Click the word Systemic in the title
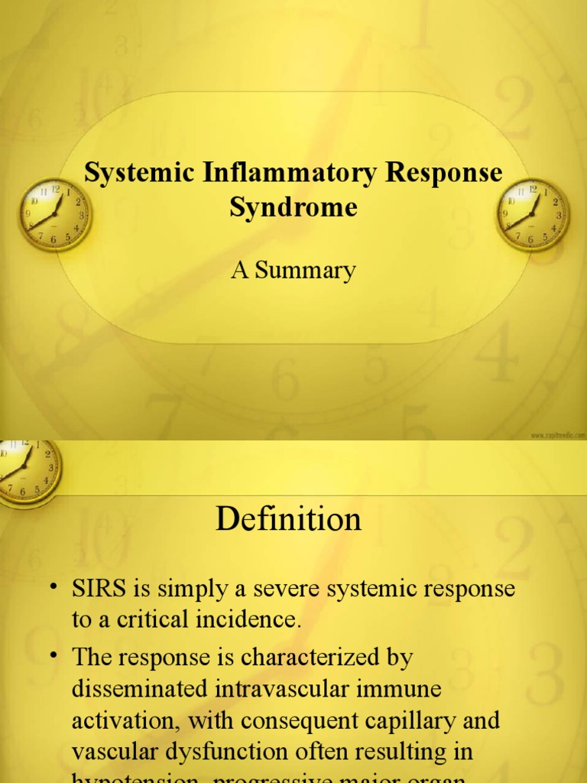click(x=141, y=174)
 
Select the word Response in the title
click(x=443, y=174)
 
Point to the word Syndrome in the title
click(x=293, y=207)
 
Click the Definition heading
click(x=288, y=520)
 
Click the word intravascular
click(x=291, y=688)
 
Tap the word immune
click(x=404, y=688)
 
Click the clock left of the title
click(x=54, y=214)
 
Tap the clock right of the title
click(x=533, y=214)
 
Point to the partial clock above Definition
click(x=27, y=468)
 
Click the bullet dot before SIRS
click(x=55, y=587)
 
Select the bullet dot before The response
click(x=55, y=655)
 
